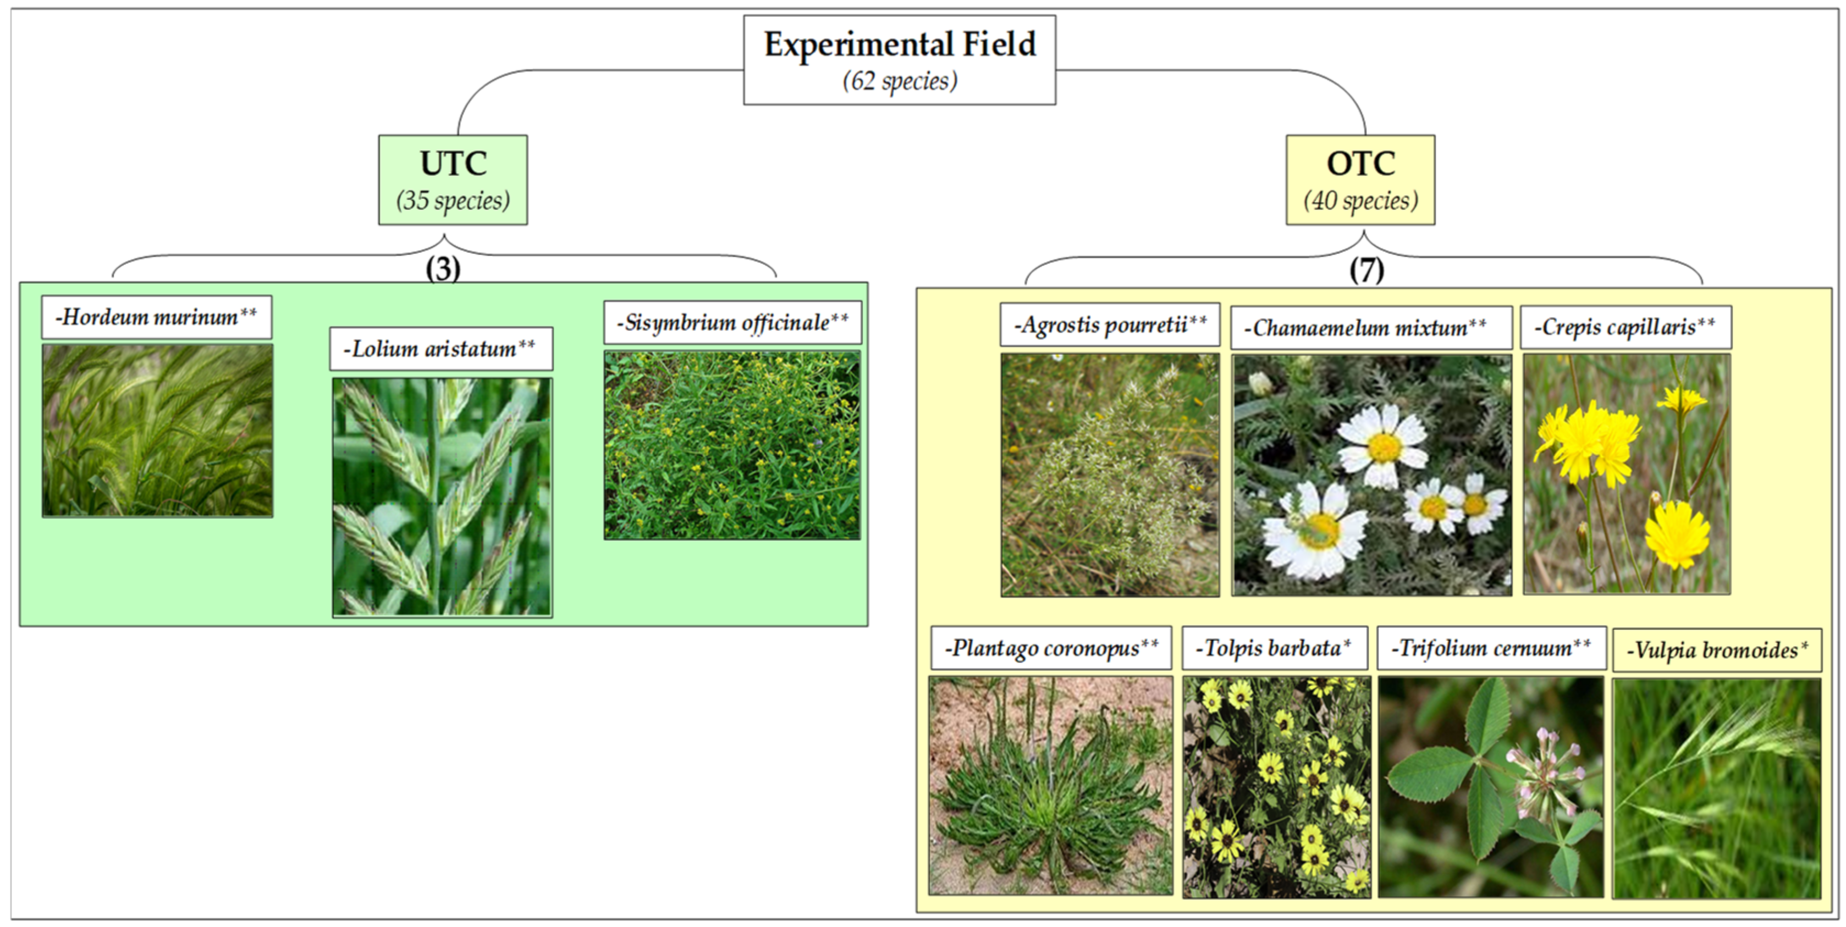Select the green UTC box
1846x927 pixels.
pyautogui.click(x=453, y=179)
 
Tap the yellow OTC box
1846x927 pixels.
pyautogui.click(x=1360, y=179)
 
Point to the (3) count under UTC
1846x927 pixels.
pyautogui.click(x=443, y=269)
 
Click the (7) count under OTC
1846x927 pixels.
pyautogui.click(x=1366, y=270)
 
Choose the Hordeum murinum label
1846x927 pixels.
pyautogui.click(x=156, y=317)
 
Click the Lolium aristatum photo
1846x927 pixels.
pyautogui.click(x=442, y=496)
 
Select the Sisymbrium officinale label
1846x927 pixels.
pyautogui.click(x=732, y=322)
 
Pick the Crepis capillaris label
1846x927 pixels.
pyautogui.click(x=1625, y=327)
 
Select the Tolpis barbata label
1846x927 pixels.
pyautogui.click(x=1274, y=648)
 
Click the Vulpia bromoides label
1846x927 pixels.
pyautogui.click(x=1717, y=650)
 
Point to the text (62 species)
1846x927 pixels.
pyautogui.click(x=899, y=81)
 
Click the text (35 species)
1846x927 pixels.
pyautogui.click(x=453, y=200)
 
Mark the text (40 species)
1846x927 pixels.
pyautogui.click(x=1360, y=200)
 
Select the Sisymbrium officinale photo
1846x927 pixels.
pyautogui.click(x=732, y=444)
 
